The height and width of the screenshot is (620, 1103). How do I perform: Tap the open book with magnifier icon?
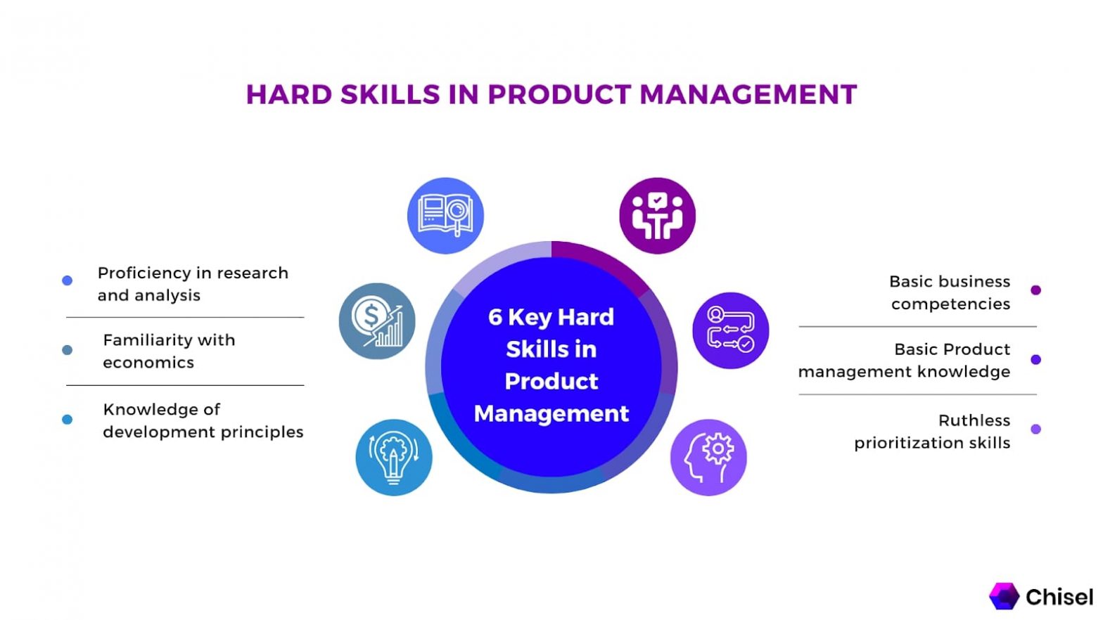tap(445, 215)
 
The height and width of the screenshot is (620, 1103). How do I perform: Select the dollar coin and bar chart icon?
tap(377, 321)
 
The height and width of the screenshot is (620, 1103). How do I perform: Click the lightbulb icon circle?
tap(394, 458)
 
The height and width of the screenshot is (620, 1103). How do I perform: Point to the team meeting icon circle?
tap(657, 215)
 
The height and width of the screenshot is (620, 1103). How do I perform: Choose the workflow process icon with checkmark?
tap(730, 330)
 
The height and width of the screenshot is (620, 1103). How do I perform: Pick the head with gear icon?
tap(708, 458)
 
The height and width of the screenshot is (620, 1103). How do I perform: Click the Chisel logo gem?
tap(1004, 596)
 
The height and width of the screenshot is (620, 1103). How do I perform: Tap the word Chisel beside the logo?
tap(1059, 597)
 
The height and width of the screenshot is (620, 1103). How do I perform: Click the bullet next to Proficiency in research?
tap(68, 280)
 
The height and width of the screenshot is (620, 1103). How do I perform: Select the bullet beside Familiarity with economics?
tap(68, 350)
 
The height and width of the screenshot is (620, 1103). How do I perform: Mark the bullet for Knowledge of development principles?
tap(68, 420)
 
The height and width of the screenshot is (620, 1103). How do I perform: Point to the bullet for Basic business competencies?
tap(1035, 290)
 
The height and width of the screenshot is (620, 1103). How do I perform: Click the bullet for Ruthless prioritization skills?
tap(1035, 429)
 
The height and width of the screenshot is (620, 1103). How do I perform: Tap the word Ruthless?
tap(974, 420)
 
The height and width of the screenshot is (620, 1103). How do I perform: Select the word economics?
tap(148, 363)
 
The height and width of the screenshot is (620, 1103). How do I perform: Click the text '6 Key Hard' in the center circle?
tap(551, 317)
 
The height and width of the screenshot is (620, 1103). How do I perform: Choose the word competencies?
tap(950, 304)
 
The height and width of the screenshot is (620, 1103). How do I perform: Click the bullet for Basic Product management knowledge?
tap(1035, 360)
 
